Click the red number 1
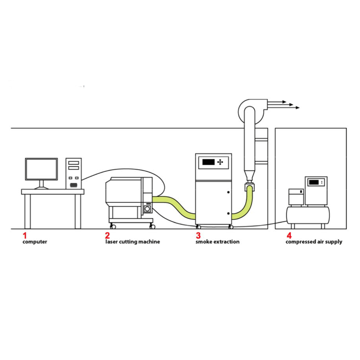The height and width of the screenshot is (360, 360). [25, 235]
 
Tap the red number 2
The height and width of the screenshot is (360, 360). [108, 235]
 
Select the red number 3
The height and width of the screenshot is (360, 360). [198, 235]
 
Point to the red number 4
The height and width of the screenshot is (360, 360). [288, 235]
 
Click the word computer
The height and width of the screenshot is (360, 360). [35, 242]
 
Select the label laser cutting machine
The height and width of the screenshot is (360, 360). [132, 242]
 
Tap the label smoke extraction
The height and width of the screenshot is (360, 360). [217, 242]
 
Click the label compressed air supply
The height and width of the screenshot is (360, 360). [314, 242]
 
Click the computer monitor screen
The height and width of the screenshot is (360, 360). [41, 169]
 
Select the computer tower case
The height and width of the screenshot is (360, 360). [74, 173]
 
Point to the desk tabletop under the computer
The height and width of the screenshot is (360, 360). [53, 192]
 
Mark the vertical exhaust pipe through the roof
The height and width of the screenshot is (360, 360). [249, 144]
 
